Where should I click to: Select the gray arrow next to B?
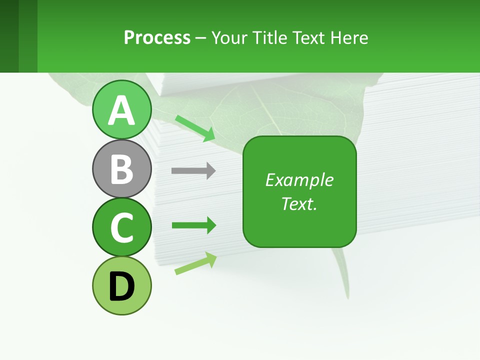[x=193, y=171]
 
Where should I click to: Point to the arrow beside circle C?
[x=193, y=225]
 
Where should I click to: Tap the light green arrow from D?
[x=195, y=263]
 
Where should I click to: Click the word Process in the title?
[x=157, y=37]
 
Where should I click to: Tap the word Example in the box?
[x=299, y=180]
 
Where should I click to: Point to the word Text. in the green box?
[x=299, y=203]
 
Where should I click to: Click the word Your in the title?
[x=229, y=37]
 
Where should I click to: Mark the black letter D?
[x=121, y=287]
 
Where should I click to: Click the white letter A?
[x=121, y=110]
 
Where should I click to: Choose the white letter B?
[x=121, y=169]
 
